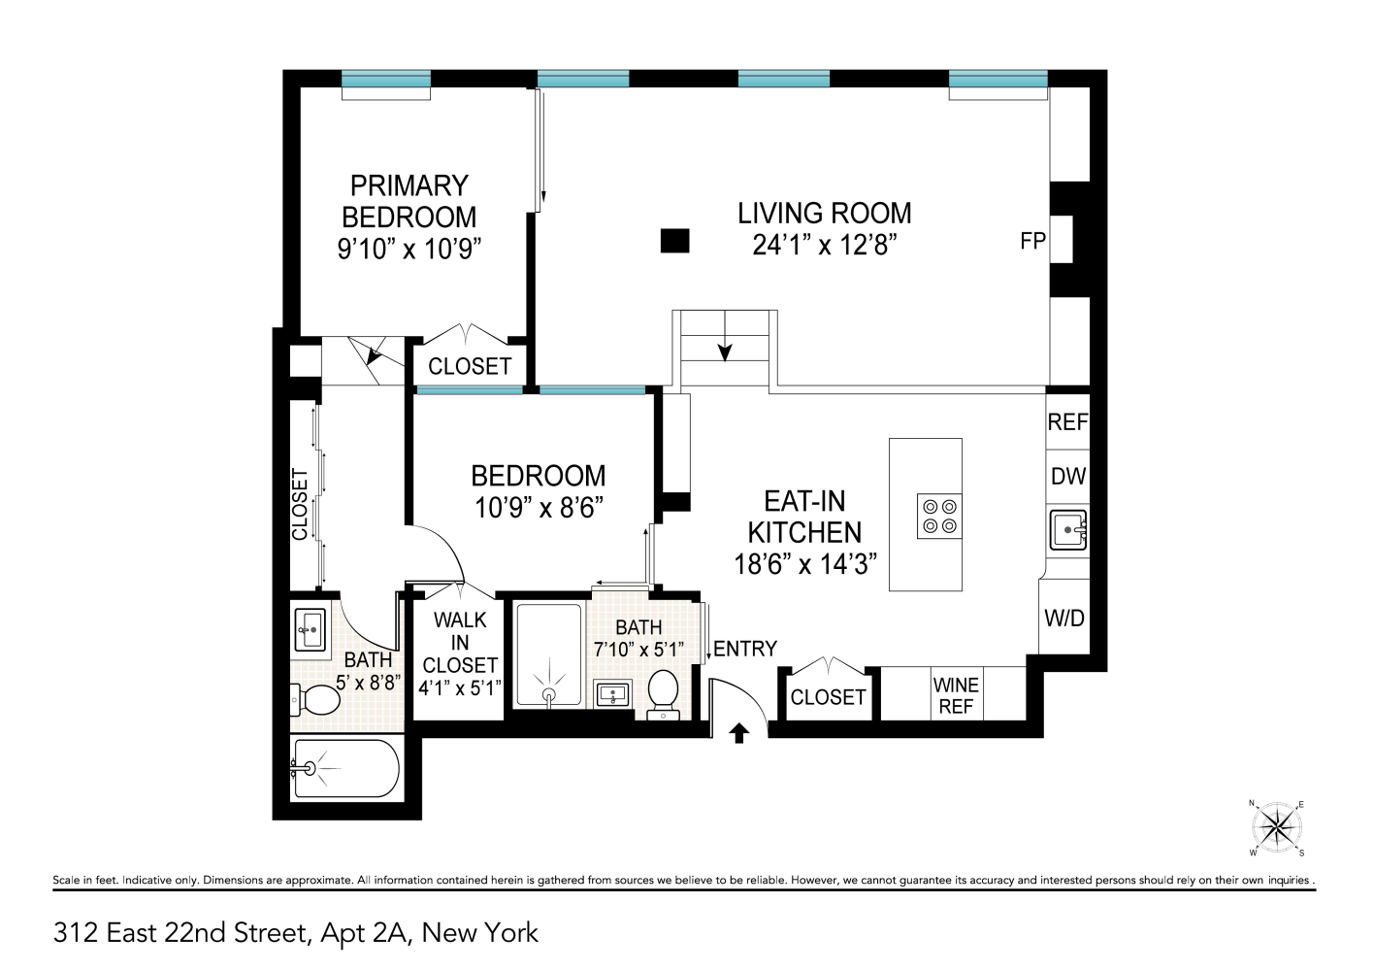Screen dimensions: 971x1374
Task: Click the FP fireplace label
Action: (1032, 240)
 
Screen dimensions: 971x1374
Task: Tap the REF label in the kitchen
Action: (1067, 422)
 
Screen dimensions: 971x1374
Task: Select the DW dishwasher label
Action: (1067, 477)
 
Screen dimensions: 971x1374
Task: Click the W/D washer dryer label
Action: (1063, 618)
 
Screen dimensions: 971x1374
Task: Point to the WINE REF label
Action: (956, 695)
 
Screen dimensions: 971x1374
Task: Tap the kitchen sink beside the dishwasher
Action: (1067, 529)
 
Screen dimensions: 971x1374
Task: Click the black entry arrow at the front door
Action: (739, 733)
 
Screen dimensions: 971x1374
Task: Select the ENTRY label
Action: (745, 649)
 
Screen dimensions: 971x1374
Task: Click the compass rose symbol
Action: (1276, 828)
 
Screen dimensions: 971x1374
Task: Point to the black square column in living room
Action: (674, 240)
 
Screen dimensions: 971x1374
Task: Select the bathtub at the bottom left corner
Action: (345, 769)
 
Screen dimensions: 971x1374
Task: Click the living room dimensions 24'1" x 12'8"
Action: (824, 245)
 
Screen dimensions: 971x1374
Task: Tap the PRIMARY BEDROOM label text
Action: (409, 201)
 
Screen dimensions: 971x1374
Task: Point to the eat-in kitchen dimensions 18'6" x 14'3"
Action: (805, 564)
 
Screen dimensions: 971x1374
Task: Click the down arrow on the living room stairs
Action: (725, 351)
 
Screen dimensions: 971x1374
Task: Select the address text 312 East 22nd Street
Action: (180, 933)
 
